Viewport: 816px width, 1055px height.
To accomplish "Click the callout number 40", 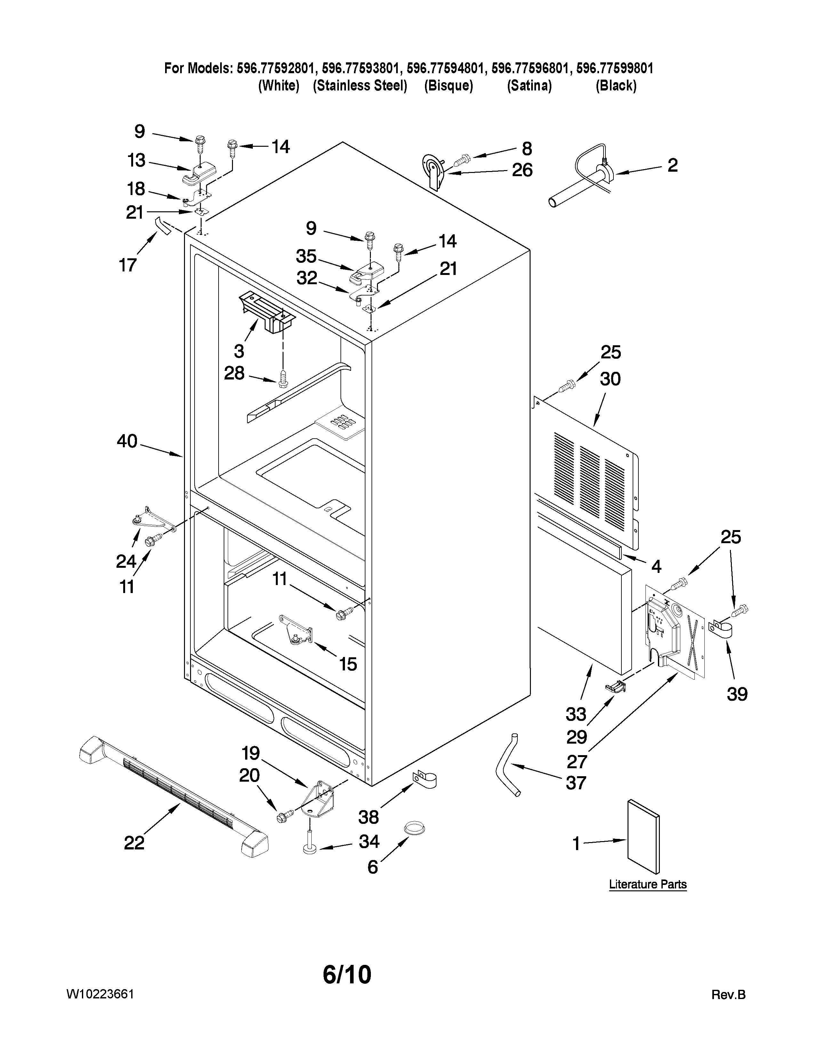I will coord(127,441).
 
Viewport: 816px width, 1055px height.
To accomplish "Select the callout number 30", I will coord(610,379).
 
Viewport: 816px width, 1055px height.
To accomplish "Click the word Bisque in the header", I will coord(448,85).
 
